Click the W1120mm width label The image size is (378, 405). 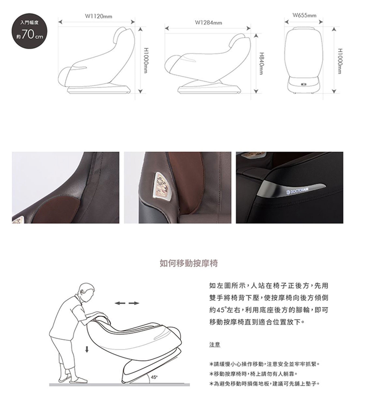99,16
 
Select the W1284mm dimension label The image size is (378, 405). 208,23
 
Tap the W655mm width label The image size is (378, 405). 304,15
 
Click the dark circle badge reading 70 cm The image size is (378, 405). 29,31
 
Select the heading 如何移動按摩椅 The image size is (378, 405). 188,263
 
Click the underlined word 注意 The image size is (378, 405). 215,344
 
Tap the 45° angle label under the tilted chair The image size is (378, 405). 154,377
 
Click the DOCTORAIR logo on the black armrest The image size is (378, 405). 298,191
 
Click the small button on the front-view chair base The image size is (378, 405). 304,84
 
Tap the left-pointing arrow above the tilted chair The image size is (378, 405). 120,303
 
